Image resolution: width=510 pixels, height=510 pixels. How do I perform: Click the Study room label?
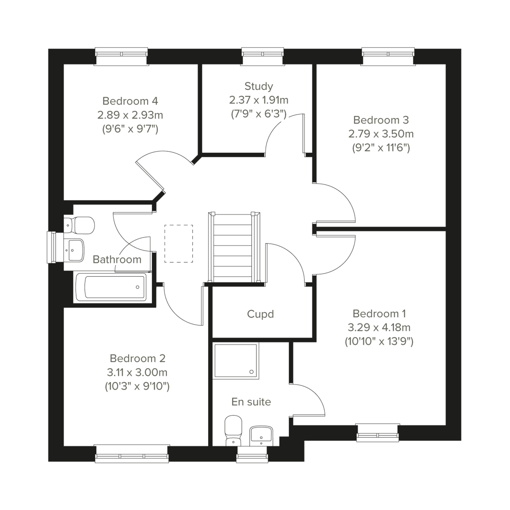[259, 87]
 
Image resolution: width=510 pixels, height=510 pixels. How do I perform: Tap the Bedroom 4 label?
[130, 101]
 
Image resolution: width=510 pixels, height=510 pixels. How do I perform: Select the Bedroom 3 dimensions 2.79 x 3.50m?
[381, 134]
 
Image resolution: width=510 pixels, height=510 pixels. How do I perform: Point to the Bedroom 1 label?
[379, 314]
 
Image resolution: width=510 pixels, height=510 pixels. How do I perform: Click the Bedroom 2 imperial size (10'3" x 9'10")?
[137, 386]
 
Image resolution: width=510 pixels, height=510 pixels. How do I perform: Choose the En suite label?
[251, 402]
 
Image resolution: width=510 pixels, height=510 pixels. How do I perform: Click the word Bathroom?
[117, 260]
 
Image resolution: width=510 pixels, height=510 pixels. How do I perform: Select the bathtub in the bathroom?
[111, 287]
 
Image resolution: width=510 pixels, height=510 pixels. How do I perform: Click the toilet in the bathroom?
[79, 225]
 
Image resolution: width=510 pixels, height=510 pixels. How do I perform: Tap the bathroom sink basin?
[74, 250]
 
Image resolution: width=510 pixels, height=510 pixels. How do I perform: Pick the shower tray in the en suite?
[236, 361]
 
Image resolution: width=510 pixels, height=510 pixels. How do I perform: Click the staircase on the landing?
[234, 248]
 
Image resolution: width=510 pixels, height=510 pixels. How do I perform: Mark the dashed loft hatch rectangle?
[179, 244]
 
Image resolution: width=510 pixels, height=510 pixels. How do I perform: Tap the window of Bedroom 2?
[132, 454]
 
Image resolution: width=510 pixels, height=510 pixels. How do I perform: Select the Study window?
[263, 56]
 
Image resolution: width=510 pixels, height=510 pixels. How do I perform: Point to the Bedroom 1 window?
[378, 433]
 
